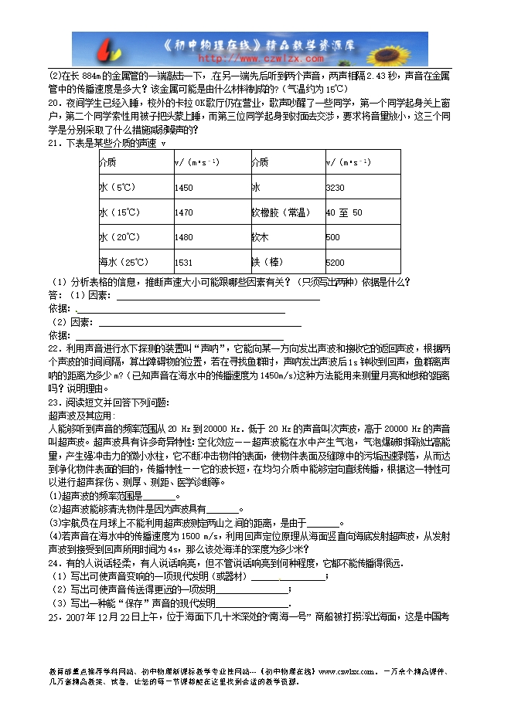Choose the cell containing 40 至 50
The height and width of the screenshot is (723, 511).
[344, 212]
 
